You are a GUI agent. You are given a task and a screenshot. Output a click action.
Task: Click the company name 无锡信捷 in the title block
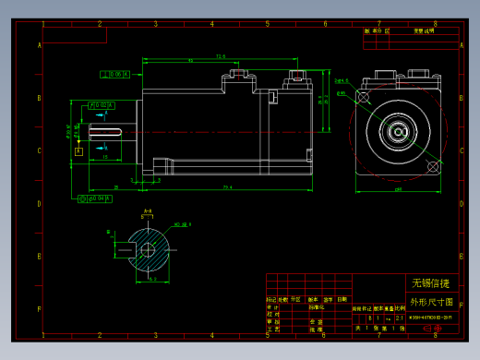click(430, 282)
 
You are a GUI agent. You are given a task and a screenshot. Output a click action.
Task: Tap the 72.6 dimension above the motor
click(221, 56)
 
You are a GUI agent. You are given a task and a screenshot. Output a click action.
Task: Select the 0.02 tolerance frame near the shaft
click(102, 105)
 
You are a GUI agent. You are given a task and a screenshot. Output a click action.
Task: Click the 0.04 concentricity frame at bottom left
click(96, 198)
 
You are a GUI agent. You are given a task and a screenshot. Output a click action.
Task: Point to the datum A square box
click(78, 150)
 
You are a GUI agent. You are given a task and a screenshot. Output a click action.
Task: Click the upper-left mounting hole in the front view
click(367, 89)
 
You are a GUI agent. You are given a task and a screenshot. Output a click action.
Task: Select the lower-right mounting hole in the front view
click(432, 165)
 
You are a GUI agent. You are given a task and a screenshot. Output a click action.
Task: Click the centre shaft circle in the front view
click(400, 130)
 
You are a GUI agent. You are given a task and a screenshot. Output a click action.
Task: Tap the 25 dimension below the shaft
click(115, 188)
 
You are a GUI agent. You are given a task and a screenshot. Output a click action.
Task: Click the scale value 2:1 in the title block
click(398, 317)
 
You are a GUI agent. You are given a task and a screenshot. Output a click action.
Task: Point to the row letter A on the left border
click(39, 45)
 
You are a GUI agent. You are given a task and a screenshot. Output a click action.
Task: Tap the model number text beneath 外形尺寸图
click(430, 317)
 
